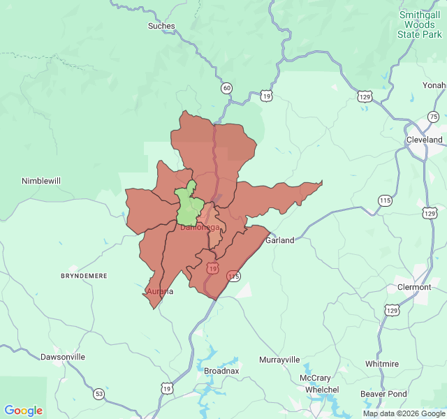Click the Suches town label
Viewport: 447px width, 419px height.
(x=161, y=26)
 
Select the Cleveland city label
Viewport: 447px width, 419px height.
(x=425, y=140)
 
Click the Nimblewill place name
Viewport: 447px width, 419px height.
(x=41, y=181)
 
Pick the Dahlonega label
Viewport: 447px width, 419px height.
(x=200, y=227)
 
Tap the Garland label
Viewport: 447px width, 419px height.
(x=279, y=240)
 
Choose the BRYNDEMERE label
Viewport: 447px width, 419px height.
(x=84, y=276)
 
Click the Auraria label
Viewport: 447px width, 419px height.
(x=160, y=291)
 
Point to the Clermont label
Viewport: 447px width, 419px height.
(x=414, y=287)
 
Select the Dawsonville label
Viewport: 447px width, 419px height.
(x=63, y=357)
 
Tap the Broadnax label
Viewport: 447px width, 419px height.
(x=221, y=372)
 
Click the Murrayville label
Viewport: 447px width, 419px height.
(x=279, y=360)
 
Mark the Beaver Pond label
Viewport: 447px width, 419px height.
(x=383, y=394)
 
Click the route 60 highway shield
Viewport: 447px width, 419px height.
(x=226, y=88)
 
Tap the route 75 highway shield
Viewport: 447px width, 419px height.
(x=433, y=117)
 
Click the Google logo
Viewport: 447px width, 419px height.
(x=24, y=411)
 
